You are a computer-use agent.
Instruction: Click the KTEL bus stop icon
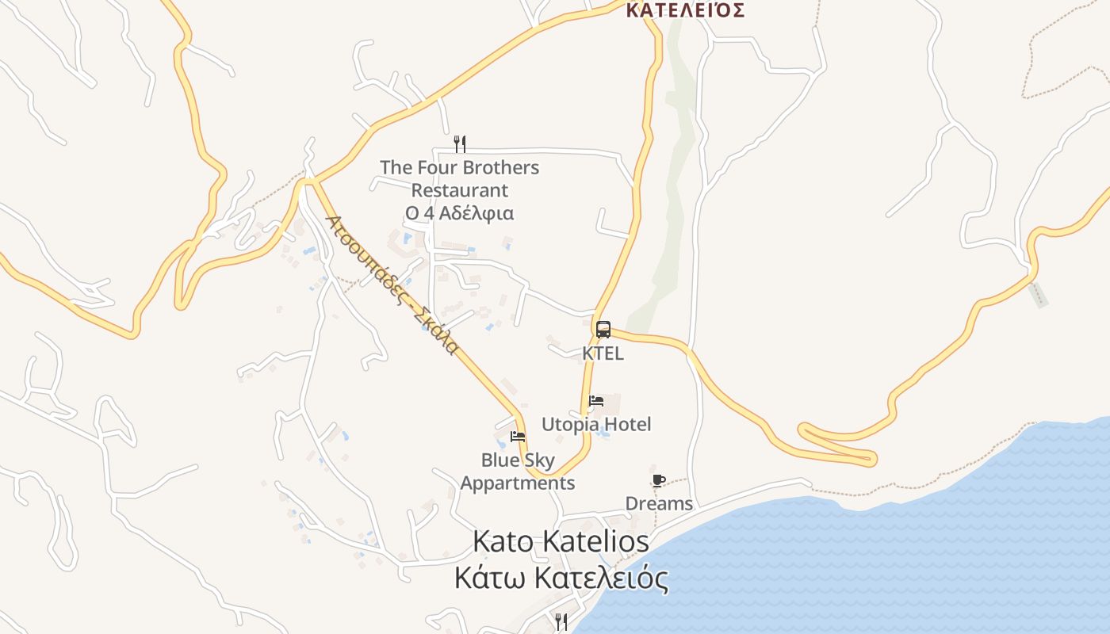[x=603, y=330]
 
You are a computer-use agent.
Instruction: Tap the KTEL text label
[x=603, y=353]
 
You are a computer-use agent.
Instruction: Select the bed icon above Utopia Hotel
[x=596, y=401]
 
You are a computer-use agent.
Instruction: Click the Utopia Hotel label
[x=596, y=424]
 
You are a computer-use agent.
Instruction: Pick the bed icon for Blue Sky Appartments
[x=518, y=436]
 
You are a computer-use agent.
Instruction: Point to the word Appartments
[x=518, y=483]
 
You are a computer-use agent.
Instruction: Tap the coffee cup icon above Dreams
[x=658, y=480]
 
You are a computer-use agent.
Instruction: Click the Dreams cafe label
[x=659, y=503]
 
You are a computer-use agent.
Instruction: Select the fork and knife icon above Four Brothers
[x=459, y=143]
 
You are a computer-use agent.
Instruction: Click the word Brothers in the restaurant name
[x=500, y=168]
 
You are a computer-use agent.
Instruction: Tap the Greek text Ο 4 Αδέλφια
[x=459, y=213]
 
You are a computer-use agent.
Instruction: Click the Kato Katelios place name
[x=561, y=542]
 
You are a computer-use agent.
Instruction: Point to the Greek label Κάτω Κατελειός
[x=561, y=579]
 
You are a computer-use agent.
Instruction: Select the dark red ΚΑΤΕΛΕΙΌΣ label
[x=685, y=10]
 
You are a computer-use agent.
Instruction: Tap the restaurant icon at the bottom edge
[x=561, y=621]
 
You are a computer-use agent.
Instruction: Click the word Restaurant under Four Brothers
[x=459, y=191]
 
